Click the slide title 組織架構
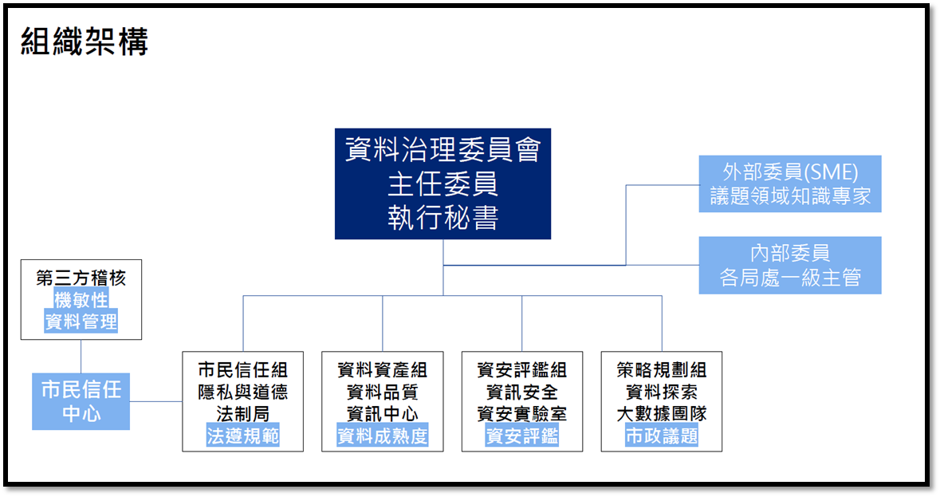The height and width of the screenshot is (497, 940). (84, 41)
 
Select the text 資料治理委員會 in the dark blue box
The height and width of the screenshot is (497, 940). (442, 150)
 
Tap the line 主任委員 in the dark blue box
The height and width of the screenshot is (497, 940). (442, 184)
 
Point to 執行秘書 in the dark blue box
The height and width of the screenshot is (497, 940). (442, 218)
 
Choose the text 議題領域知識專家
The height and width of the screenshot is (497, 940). (789, 196)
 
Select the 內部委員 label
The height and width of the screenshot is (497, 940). (789, 254)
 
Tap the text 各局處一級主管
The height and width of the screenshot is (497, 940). (789, 279)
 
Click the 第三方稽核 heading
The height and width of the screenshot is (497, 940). (81, 278)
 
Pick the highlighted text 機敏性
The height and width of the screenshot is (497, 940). (81, 300)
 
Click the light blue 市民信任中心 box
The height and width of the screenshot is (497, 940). (81, 401)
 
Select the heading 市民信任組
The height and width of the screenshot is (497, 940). (242, 369)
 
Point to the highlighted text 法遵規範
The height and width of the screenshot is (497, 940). (242, 436)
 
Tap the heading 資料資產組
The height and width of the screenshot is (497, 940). (383, 369)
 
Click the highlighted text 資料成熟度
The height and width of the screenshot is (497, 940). (383, 436)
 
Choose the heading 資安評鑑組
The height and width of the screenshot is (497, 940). (522, 369)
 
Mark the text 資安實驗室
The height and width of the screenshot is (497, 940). (522, 414)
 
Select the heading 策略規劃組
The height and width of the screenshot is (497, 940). (662, 369)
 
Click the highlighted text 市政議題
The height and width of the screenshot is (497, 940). (662, 436)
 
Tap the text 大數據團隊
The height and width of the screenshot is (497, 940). (662, 414)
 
